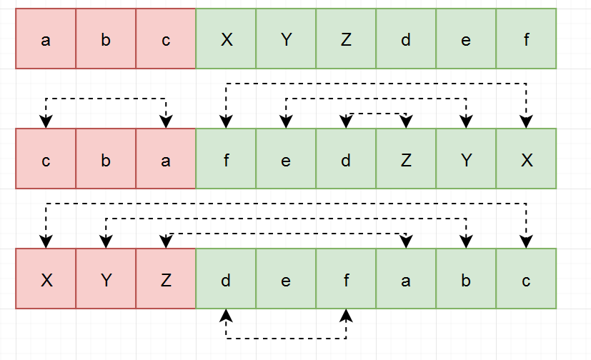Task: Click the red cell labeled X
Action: pos(46,279)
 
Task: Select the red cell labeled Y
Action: pos(106,279)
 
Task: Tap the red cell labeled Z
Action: pos(166,279)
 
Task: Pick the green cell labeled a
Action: pos(406,279)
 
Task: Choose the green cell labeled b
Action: pos(466,279)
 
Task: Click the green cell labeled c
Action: pos(526,279)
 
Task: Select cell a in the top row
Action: pos(46,39)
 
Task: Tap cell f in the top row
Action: pos(526,39)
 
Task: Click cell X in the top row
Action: pos(226,39)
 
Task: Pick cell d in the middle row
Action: pos(346,159)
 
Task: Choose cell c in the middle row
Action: pos(46,159)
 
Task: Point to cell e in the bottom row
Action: pos(286,279)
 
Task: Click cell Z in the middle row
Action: pos(406,159)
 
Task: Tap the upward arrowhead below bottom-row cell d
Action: pos(226,315)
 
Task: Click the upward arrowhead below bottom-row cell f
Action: pos(346,315)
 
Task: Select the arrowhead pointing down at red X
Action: pos(46,242)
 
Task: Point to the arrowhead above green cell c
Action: pos(526,242)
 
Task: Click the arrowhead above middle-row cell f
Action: pos(226,122)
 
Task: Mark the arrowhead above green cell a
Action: pos(406,242)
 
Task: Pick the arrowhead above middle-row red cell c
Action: pos(46,122)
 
